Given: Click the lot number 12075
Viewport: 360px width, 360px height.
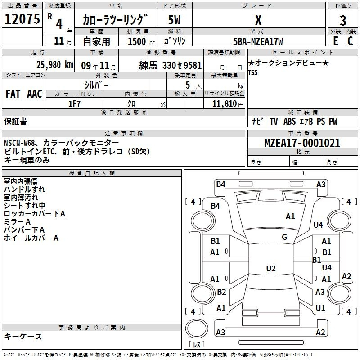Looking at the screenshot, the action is click(22, 18).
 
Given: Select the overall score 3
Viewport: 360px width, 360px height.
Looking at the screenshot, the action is click(343, 20).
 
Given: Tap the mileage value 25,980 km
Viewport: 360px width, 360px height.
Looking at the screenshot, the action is click(54, 65).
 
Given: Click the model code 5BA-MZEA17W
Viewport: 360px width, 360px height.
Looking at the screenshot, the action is click(258, 41).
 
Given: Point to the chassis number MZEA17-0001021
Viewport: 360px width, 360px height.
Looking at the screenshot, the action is click(302, 143).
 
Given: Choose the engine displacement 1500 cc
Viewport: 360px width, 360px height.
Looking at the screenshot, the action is click(141, 41).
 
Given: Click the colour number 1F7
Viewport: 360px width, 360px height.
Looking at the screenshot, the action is click(74, 104).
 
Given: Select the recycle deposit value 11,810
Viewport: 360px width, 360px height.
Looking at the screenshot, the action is click(225, 104).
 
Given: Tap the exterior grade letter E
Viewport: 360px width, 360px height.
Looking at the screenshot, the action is click(335, 41).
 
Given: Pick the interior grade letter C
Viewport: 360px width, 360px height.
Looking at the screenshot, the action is click(350, 41).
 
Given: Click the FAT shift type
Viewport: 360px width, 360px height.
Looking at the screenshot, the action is click(13, 94).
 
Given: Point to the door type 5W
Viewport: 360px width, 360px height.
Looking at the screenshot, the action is click(174, 20).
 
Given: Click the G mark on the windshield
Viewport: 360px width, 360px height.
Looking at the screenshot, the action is click(284, 237).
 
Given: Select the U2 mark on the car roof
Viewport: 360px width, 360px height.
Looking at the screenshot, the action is click(271, 268).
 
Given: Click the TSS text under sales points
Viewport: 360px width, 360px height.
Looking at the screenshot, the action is click(253, 72).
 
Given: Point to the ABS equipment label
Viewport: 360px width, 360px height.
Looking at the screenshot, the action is click(289, 121).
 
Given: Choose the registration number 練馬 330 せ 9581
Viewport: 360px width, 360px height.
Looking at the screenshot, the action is click(171, 65).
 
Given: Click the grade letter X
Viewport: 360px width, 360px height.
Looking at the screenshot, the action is click(258, 20).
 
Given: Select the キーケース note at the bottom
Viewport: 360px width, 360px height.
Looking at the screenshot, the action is click(23, 336).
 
